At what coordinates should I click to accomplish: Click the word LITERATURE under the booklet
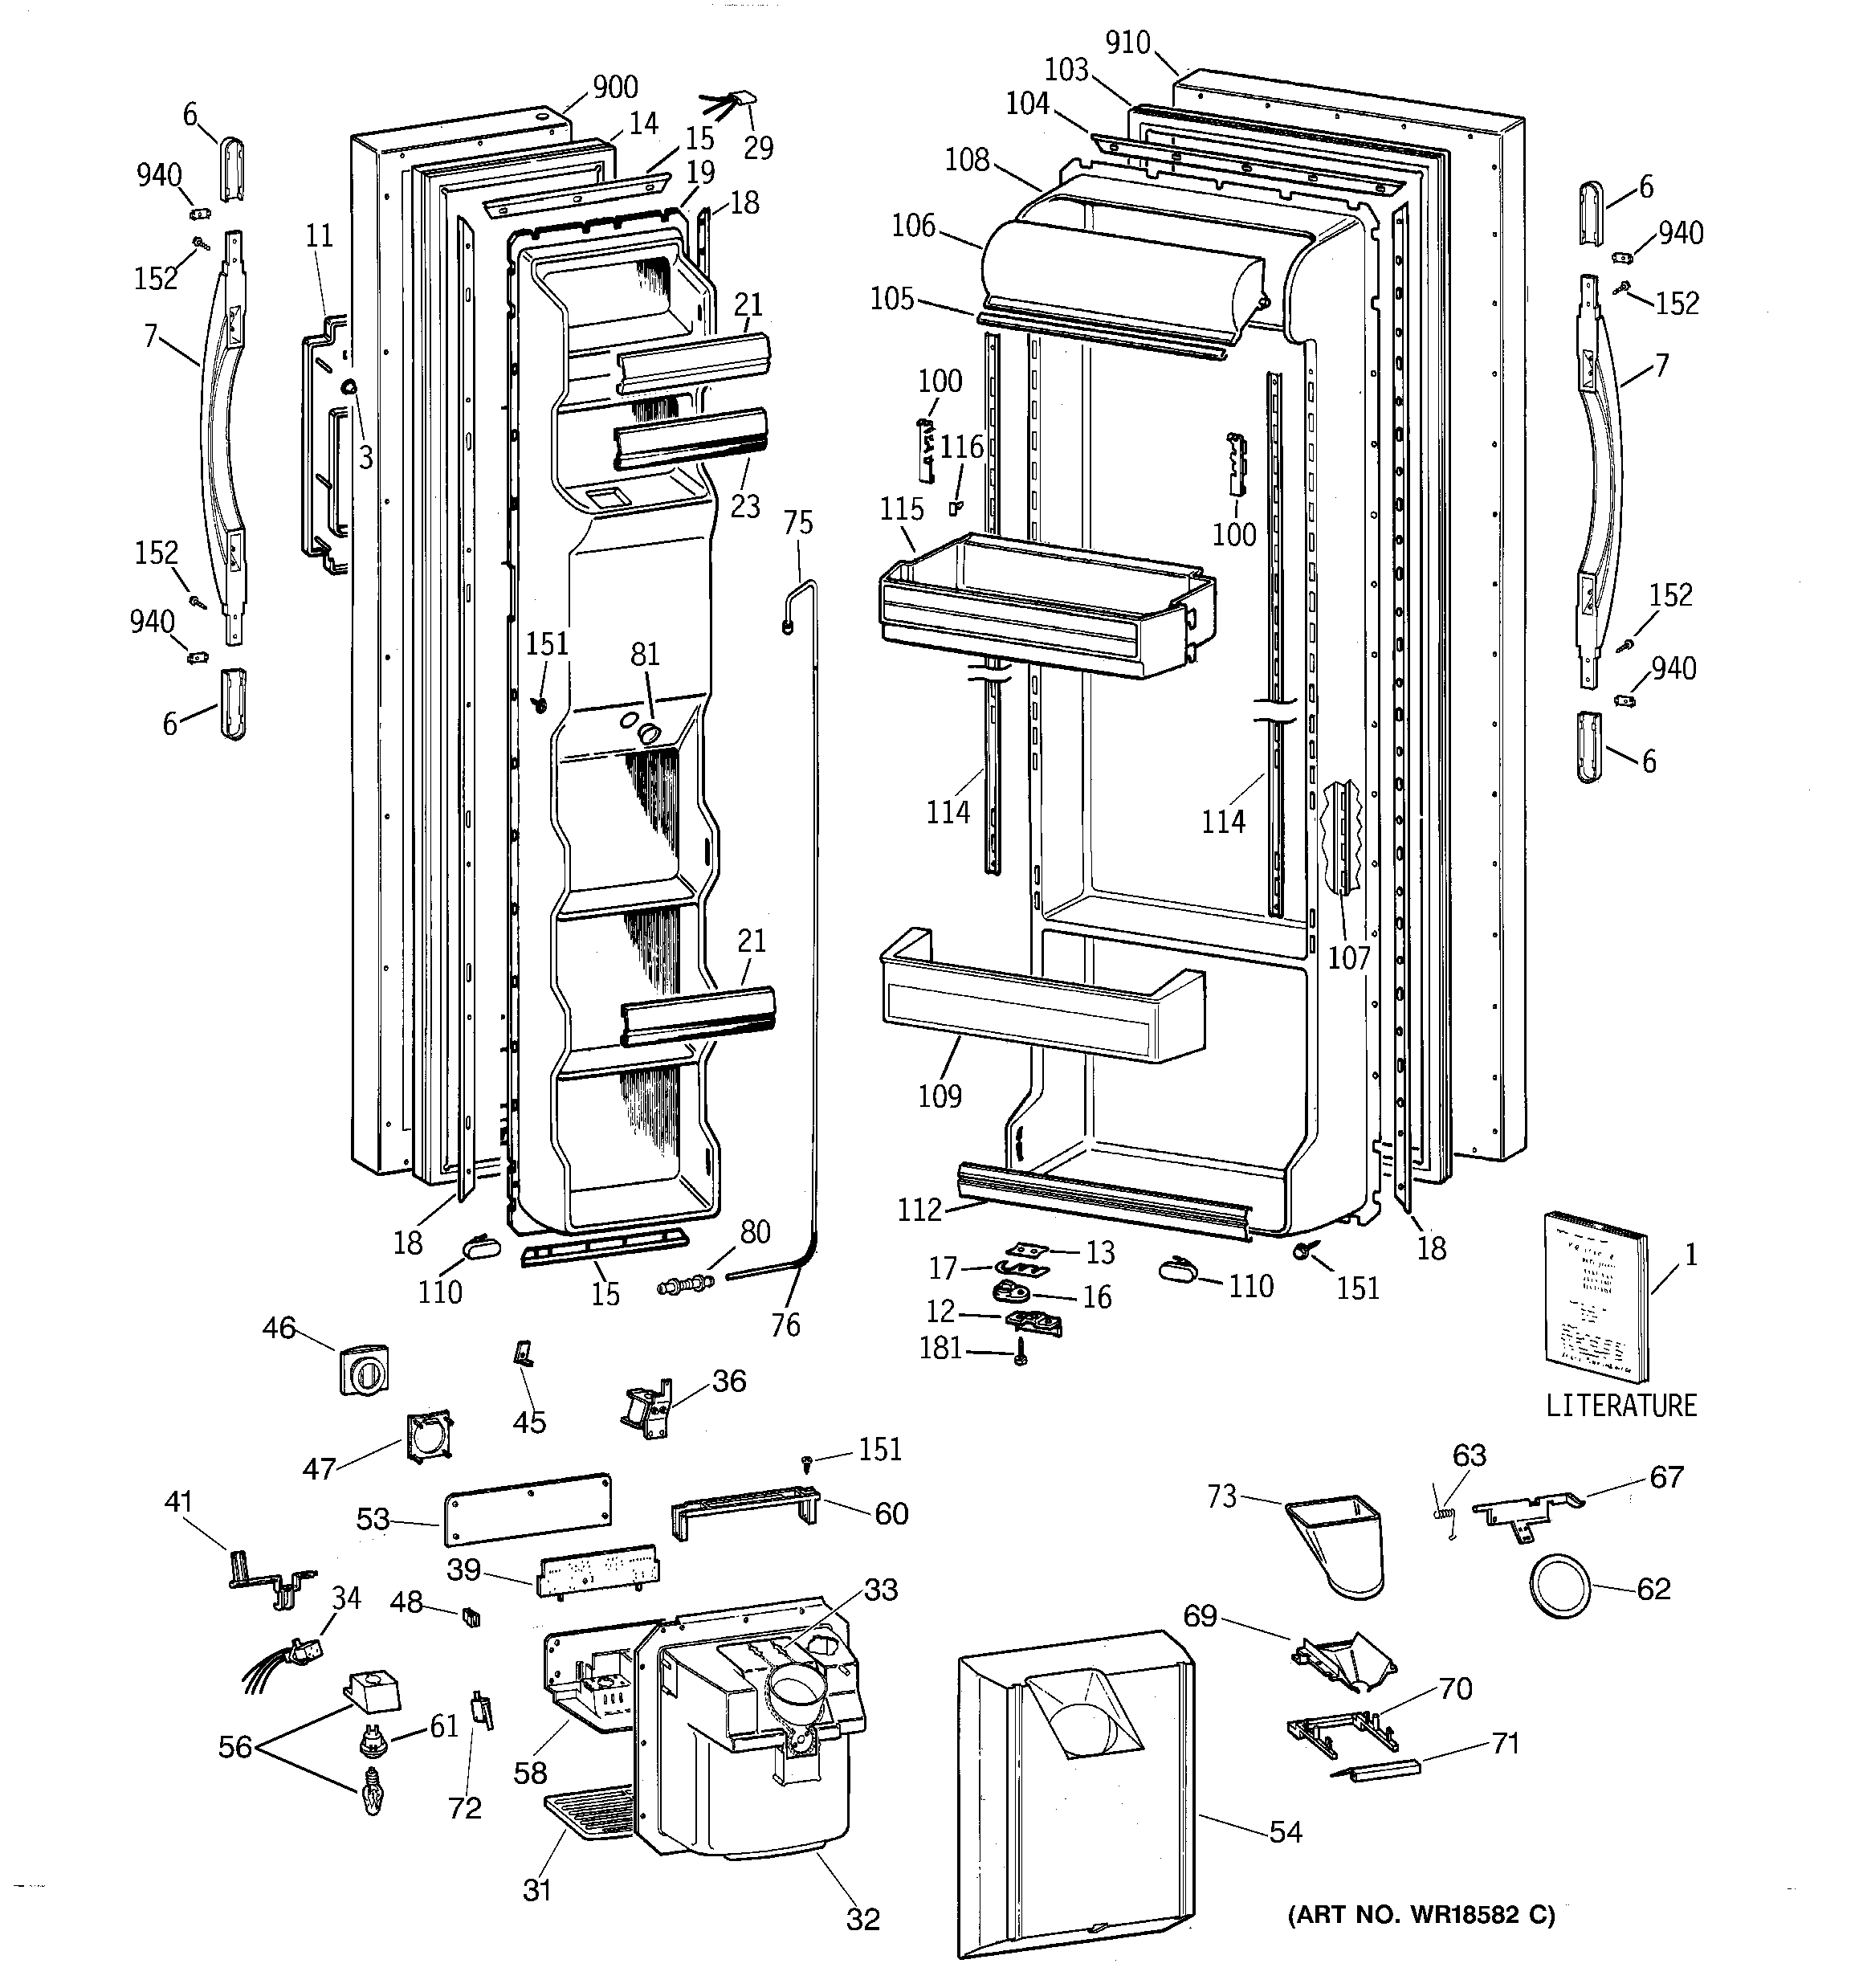click(x=1621, y=1405)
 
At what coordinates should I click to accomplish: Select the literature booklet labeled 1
click(x=1597, y=1297)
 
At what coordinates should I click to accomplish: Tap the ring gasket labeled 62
click(x=1561, y=1586)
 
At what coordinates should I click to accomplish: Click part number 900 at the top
click(x=615, y=87)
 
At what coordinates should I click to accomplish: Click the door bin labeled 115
click(x=1047, y=605)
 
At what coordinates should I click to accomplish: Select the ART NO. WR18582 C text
click(x=1421, y=1915)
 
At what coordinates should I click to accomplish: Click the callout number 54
click(x=1285, y=1831)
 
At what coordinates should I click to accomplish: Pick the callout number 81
click(x=645, y=654)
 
